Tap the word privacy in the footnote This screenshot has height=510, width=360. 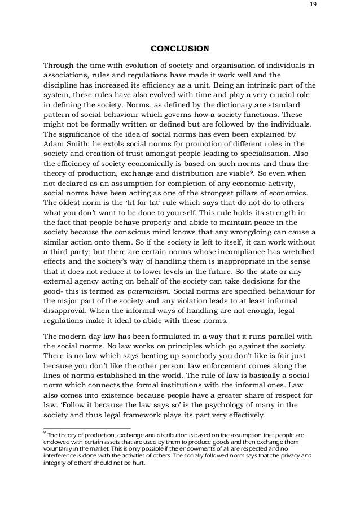(x=274, y=457)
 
